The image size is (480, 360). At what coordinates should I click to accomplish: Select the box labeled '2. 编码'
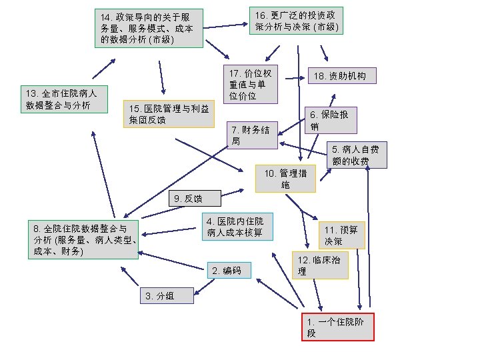229,270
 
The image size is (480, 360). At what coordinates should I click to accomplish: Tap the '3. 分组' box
167,296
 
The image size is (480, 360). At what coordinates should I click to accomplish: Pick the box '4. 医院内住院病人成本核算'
238,227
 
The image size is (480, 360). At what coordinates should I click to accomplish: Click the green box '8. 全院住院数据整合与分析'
83,239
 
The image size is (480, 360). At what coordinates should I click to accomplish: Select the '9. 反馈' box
194,198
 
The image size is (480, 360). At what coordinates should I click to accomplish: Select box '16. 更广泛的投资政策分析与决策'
297,21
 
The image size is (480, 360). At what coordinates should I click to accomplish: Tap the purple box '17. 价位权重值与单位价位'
250,85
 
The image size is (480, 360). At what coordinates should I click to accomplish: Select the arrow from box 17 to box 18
294,78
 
